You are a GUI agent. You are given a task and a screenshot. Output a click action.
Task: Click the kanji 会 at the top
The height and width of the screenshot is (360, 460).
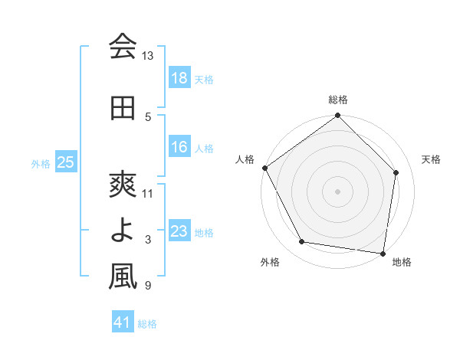tap(123, 47)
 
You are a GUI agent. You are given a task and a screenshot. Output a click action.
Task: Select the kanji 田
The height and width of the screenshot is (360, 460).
tap(123, 108)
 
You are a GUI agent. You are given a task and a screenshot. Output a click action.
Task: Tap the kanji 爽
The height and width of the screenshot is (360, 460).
tap(123, 185)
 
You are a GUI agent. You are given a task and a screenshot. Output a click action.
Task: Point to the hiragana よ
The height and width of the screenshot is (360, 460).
tap(123, 231)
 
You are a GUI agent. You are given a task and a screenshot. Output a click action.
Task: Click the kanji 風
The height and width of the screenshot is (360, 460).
tap(123, 277)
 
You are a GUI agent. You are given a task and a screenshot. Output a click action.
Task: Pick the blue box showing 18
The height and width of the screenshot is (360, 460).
tap(179, 78)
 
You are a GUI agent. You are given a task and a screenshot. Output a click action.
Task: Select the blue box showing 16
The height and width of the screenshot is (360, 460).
tap(179, 147)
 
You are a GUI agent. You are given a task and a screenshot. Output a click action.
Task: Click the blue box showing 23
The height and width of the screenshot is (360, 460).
tap(179, 231)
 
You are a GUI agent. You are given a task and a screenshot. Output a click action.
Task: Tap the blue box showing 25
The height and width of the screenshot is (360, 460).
tap(66, 162)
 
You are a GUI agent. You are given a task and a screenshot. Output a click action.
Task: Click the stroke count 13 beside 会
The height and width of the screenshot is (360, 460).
tap(148, 57)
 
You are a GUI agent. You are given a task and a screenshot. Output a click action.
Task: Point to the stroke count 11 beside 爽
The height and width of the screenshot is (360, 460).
tap(148, 194)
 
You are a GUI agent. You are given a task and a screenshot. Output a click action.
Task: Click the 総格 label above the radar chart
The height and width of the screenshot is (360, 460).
tap(338, 100)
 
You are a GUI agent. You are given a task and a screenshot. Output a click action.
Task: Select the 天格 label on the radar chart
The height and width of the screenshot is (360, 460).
tap(431, 159)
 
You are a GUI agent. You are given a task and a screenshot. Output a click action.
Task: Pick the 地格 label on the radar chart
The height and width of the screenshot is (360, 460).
tap(401, 262)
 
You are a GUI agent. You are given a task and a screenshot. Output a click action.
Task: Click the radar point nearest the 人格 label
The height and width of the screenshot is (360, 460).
tap(264, 168)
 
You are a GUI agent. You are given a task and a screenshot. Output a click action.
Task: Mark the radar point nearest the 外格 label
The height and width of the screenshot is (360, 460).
tap(301, 242)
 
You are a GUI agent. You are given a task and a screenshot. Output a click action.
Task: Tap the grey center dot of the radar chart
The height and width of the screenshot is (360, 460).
tap(338, 191)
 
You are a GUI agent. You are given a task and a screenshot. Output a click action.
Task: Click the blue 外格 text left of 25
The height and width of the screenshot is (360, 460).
tap(41, 163)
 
